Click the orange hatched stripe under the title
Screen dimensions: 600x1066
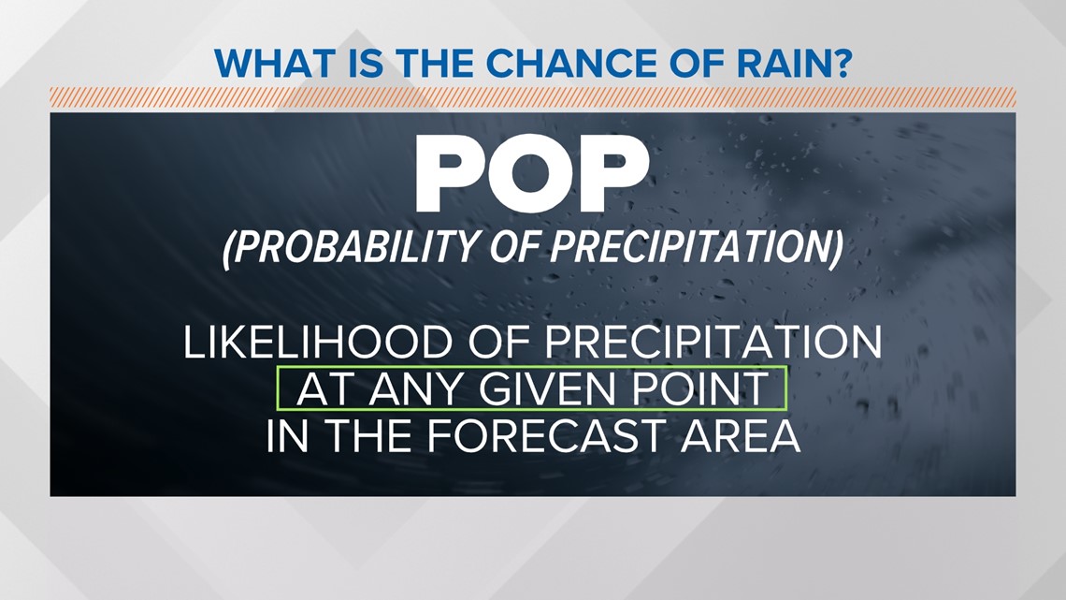(x=532, y=97)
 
